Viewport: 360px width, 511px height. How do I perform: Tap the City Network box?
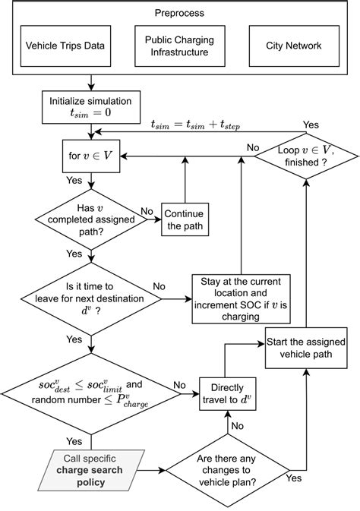click(x=293, y=46)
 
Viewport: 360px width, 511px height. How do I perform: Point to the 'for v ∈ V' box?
click(x=92, y=155)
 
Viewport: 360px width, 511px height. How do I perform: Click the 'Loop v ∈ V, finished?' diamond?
click(x=305, y=156)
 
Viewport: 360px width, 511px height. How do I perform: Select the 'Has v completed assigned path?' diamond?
click(x=92, y=220)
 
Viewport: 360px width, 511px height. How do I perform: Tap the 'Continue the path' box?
click(x=184, y=220)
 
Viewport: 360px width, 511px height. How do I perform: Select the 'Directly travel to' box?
click(x=228, y=391)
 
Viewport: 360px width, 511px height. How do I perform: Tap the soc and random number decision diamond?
click(x=92, y=393)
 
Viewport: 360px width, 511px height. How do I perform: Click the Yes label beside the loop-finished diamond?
click(x=311, y=124)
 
